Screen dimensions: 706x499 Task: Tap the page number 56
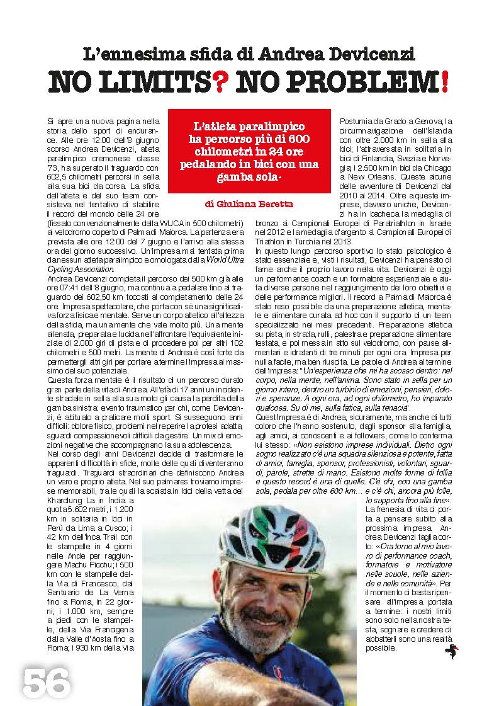46,681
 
